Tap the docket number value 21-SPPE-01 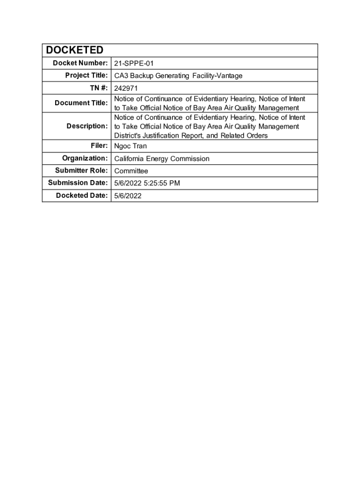(x=134, y=64)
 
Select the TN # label (x=98, y=87)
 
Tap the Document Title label (x=81, y=103)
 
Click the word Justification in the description (x=166, y=136)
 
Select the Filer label (x=100, y=145)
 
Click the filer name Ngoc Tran (x=130, y=146)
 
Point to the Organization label (x=85, y=158)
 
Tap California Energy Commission (x=162, y=159)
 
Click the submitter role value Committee (x=131, y=171)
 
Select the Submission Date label (x=78, y=182)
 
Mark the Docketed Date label (x=82, y=195)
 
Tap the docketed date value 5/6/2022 (x=128, y=196)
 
